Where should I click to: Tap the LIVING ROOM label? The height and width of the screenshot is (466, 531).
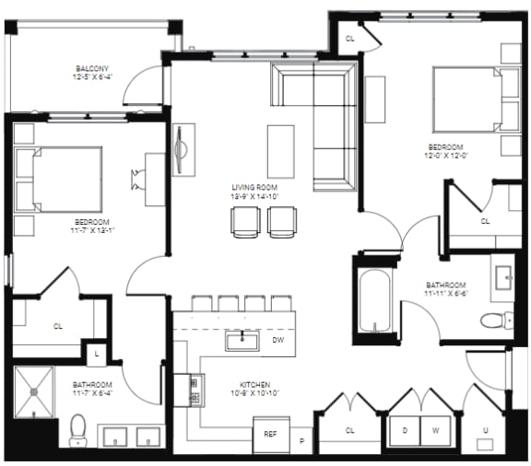[254, 187]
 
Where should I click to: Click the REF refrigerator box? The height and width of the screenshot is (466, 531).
[271, 433]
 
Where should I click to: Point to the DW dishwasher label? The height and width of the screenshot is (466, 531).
[278, 340]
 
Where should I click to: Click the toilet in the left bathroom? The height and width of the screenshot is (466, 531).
[79, 427]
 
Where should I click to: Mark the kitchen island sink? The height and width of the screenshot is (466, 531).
[242, 340]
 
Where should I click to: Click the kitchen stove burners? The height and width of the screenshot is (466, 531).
[195, 388]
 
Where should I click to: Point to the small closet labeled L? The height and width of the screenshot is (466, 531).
[97, 352]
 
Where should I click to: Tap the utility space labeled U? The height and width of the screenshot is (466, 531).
[486, 431]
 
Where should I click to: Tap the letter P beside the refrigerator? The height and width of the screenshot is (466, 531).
[301, 441]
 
